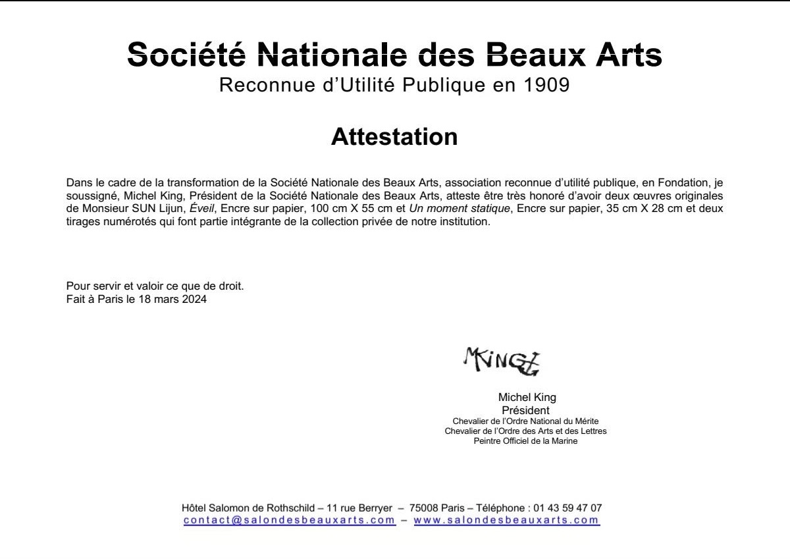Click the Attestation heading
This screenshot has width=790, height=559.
coord(394,137)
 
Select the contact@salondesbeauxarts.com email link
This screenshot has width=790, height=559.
coord(289,520)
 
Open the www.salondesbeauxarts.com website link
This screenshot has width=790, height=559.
coord(506,520)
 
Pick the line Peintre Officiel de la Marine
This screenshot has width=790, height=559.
coord(525,441)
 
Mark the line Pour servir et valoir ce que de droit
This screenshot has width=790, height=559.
coord(155,286)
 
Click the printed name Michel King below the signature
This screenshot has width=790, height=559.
coord(527,397)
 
